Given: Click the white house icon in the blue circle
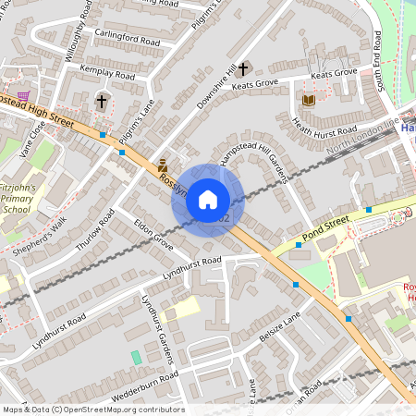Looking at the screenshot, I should click(208, 199).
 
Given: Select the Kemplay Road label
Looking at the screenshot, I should click(107, 72).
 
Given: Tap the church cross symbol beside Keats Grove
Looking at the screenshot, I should click(244, 69).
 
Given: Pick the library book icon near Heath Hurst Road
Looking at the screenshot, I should click(309, 99).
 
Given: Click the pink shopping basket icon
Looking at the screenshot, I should click(23, 94).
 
